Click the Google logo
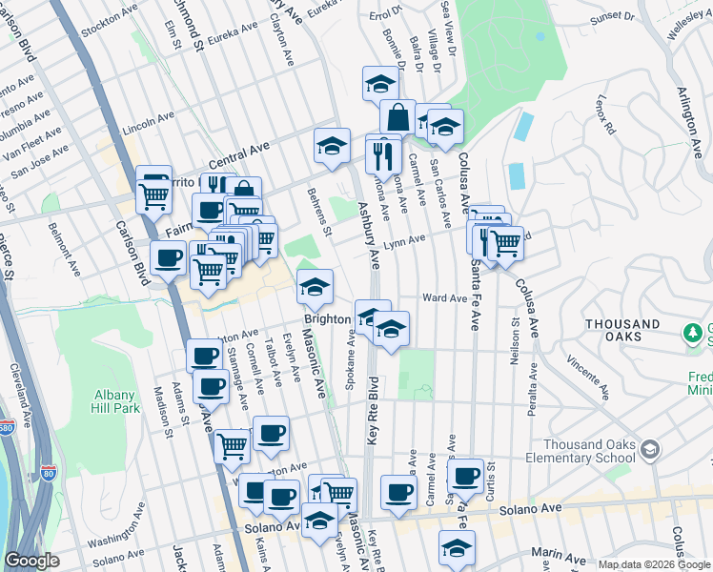coord(31,561)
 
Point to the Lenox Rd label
coord(604,114)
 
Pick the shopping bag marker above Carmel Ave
coord(397,118)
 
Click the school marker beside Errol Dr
coord(380,83)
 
